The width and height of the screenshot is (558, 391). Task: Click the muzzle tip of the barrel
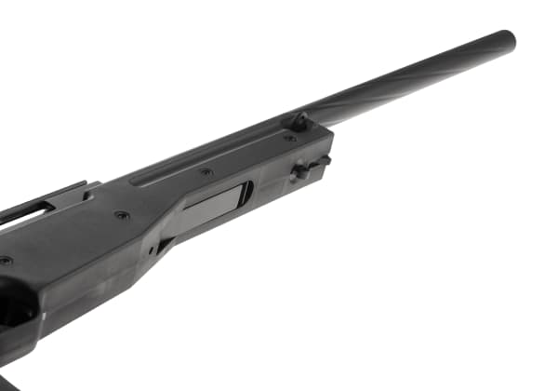pos(507,41)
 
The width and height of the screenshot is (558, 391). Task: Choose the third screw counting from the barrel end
pos(122,215)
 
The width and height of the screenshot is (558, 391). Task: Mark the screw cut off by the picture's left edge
pos(5,261)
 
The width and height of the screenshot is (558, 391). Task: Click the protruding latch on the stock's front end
pos(310,169)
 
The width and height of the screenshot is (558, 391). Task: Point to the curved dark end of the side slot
pos(246,192)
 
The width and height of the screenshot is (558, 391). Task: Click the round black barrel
pos(418,80)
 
